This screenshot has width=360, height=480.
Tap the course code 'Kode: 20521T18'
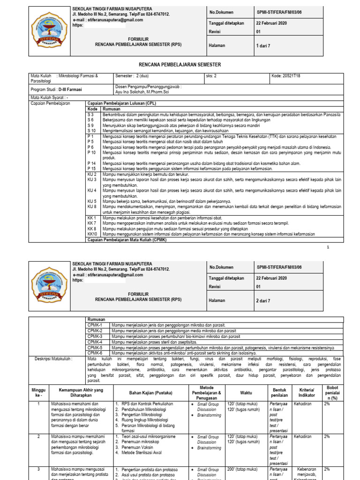pos(286,75)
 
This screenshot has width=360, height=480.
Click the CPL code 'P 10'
pos(92,152)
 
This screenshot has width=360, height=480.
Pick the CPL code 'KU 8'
pos(92,206)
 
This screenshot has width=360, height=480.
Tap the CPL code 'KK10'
pos(92,233)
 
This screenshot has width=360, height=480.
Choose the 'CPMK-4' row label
pos(95,342)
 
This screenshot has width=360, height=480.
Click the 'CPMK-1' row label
pos(95,325)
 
